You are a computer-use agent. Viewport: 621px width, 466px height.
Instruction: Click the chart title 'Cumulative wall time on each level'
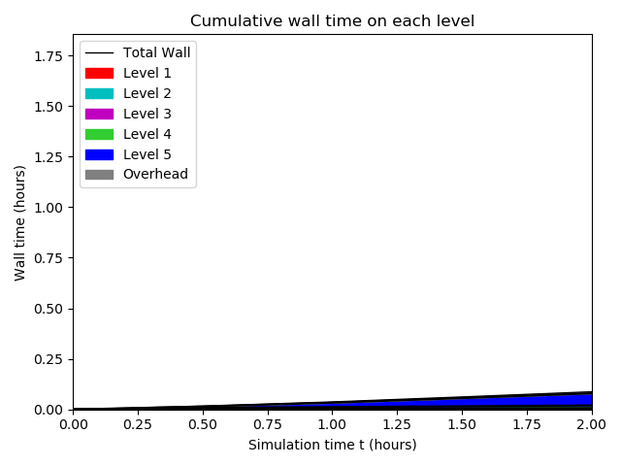click(x=332, y=20)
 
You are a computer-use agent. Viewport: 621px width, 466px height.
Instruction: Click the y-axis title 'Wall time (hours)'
click(x=19, y=223)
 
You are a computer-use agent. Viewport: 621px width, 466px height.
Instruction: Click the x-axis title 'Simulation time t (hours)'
click(x=332, y=445)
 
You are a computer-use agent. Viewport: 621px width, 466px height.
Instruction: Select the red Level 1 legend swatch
click(x=99, y=74)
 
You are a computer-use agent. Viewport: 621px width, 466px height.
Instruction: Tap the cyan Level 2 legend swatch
click(x=99, y=93)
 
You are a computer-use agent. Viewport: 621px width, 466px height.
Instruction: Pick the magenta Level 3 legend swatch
click(x=99, y=115)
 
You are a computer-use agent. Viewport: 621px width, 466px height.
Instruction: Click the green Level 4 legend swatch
click(x=99, y=134)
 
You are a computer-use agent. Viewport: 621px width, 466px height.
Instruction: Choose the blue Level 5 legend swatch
click(x=99, y=154)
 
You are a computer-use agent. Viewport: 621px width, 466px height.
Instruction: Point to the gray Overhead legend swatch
click(x=99, y=175)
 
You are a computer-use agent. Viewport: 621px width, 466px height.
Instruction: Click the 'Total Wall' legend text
click(x=157, y=52)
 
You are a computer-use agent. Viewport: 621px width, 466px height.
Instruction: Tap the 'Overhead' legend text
click(x=155, y=174)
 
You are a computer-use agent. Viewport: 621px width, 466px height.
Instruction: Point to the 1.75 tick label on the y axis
click(x=49, y=56)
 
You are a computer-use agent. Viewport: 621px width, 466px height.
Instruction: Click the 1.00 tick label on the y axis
click(x=49, y=208)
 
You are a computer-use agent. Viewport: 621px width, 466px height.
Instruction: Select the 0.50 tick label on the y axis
click(x=49, y=309)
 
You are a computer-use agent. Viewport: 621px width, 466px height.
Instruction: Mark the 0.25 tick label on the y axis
click(x=49, y=359)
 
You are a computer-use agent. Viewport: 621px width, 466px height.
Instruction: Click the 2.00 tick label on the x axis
click(x=592, y=424)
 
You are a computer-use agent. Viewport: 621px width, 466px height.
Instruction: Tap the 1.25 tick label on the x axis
click(x=397, y=424)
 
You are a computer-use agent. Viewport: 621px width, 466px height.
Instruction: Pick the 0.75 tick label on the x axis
click(x=268, y=424)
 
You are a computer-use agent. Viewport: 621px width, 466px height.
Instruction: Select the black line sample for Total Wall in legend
click(x=99, y=53)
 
